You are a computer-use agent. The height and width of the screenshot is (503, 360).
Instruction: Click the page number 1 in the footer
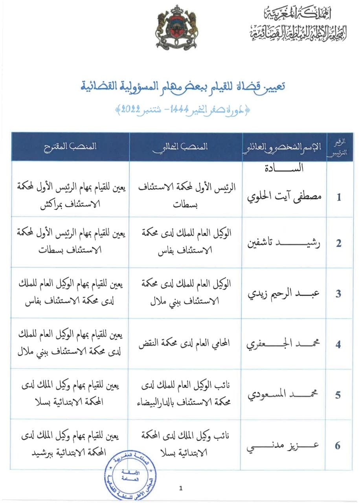[180, 488]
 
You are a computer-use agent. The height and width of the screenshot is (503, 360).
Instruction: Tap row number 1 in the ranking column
[338, 197]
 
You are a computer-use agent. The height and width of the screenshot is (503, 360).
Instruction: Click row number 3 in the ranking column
[338, 294]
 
